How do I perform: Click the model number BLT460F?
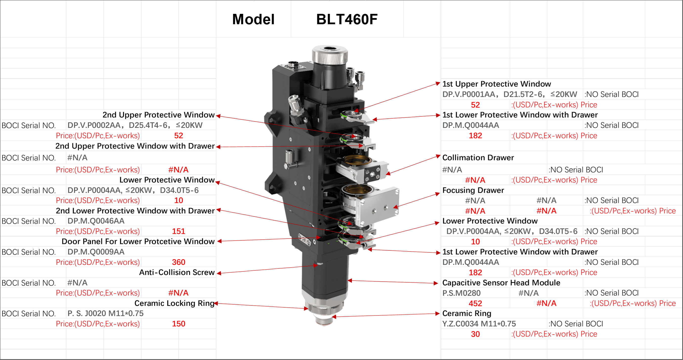tap(347, 19)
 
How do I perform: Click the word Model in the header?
tap(253, 19)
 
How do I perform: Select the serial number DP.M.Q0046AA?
tap(96, 221)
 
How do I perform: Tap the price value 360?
tap(178, 262)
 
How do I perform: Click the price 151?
tap(178, 231)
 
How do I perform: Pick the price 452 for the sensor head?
tap(475, 303)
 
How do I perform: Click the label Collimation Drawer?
tap(478, 157)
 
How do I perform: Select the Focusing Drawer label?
tap(473, 190)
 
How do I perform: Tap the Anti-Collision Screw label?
tap(177, 272)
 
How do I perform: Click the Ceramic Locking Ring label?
tap(174, 303)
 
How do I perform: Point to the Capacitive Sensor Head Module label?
tap(501, 283)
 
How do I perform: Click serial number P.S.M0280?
tap(461, 293)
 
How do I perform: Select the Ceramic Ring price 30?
tap(475, 334)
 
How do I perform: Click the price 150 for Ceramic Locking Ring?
tap(178, 324)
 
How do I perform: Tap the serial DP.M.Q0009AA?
tap(96, 252)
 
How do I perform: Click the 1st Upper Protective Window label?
tap(497, 84)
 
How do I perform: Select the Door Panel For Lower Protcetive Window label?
tap(138, 241)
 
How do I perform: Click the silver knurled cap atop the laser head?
tap(330, 54)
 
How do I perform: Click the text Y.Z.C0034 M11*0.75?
tap(479, 324)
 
